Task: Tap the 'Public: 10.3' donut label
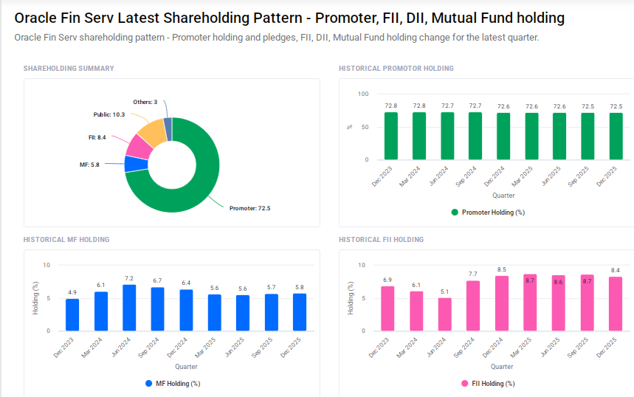[x=108, y=114]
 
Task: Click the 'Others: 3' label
[x=145, y=102]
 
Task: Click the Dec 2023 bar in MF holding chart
[x=72, y=314]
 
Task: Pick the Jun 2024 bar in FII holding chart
[x=444, y=314]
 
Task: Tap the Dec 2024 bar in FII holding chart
[x=501, y=303]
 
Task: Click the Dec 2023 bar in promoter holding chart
[x=390, y=136]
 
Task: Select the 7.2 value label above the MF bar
[x=129, y=278]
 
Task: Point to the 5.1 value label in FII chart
[x=444, y=291]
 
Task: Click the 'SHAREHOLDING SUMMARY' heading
[x=69, y=69]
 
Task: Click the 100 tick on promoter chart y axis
[x=362, y=94]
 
